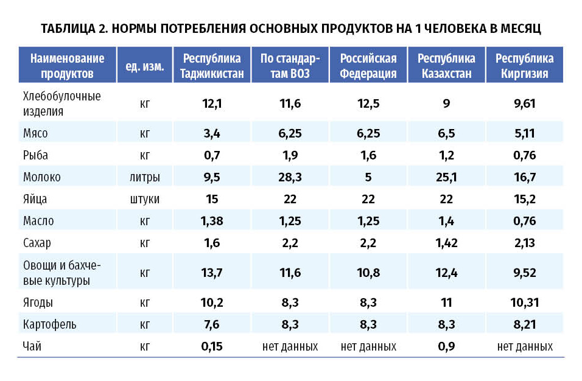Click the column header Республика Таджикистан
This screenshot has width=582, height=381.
pyautogui.click(x=212, y=66)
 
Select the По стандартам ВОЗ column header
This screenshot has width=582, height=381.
pyautogui.click(x=290, y=66)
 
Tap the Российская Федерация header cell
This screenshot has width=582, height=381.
pyautogui.click(x=368, y=66)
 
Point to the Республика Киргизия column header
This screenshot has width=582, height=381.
pyautogui.click(x=524, y=66)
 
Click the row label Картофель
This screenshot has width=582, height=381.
pyautogui.click(x=49, y=324)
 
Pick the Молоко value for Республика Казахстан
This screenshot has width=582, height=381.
pyautogui.click(x=446, y=177)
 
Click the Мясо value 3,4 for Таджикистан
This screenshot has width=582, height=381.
pyautogui.click(x=212, y=133)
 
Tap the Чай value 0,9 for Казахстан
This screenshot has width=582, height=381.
pyautogui.click(x=446, y=347)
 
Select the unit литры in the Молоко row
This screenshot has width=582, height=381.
pyautogui.click(x=145, y=177)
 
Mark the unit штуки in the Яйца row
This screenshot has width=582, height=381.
pyautogui.click(x=145, y=199)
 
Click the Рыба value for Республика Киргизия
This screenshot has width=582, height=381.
pyautogui.click(x=524, y=155)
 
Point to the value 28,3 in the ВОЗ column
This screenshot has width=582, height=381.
pyautogui.click(x=290, y=177)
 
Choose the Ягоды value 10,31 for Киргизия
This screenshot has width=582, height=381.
pyautogui.click(x=524, y=302)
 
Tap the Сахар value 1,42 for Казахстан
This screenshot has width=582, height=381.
pyautogui.click(x=446, y=243)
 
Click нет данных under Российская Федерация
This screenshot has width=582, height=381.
pyautogui.click(x=368, y=347)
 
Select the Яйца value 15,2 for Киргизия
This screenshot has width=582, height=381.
pyautogui.click(x=524, y=199)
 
